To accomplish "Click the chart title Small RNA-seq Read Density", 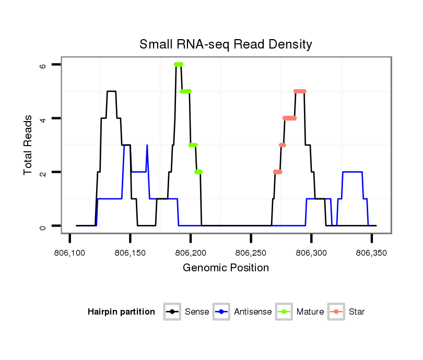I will click(226, 44).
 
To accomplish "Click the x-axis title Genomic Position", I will click(226, 268).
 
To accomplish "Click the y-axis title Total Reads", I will click(28, 145).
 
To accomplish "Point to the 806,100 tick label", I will click(70, 253).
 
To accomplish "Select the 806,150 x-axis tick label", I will click(131, 253).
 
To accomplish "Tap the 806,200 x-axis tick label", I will click(191, 253).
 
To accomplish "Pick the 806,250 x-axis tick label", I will click(251, 253).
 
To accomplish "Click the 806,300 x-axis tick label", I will click(311, 253).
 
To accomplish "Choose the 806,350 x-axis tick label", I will click(372, 253).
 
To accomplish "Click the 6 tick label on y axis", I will click(42, 65).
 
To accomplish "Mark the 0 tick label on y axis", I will click(42, 226).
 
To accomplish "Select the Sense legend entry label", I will click(197, 312).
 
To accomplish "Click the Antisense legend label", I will click(253, 312).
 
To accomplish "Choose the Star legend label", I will click(358, 312).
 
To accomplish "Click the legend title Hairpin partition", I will click(121, 312).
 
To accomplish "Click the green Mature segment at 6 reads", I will click(179, 64).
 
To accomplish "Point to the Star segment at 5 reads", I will click(300, 91).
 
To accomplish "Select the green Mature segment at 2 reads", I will click(198, 172).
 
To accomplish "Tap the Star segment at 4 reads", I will click(289, 118).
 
